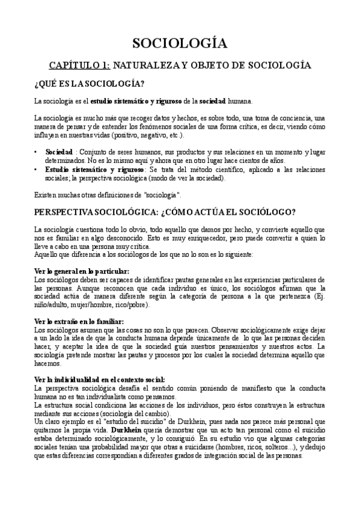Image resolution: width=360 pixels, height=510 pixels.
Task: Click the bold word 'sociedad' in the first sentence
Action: [x=213, y=100]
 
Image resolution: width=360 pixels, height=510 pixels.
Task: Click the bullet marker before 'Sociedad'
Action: [x=37, y=152]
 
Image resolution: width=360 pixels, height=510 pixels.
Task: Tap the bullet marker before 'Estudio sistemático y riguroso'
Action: [x=37, y=170]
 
